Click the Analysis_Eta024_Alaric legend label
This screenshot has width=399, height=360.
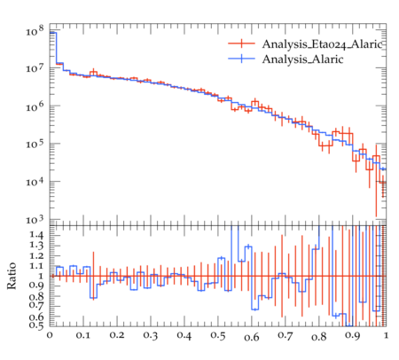[x=322, y=44]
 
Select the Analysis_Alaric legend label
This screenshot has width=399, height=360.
[x=302, y=59]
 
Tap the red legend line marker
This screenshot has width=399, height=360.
[x=241, y=43]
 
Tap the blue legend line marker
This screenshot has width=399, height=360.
[x=241, y=59]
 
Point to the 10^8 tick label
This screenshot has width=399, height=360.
[x=35, y=30]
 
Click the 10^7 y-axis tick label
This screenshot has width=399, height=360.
[x=35, y=68]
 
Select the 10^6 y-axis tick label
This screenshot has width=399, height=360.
[x=35, y=106]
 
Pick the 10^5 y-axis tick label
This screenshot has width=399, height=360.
[x=35, y=144]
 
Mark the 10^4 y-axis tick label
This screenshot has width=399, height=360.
[x=35, y=182]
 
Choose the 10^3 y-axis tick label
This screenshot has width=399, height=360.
[x=35, y=220]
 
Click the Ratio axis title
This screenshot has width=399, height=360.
[x=12, y=276]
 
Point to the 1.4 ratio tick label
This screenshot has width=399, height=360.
[x=36, y=235]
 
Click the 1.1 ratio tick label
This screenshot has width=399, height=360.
[x=36, y=266]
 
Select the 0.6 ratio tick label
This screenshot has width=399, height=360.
[x=36, y=317]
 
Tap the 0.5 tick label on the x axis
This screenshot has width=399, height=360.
[x=218, y=335]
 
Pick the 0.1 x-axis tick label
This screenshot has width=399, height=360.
[x=83, y=335]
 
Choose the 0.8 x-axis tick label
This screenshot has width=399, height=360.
[x=318, y=336]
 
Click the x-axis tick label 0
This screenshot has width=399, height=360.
[x=50, y=335]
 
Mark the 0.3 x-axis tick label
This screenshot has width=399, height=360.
[x=151, y=335]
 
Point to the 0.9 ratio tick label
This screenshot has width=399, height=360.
[x=36, y=286]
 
